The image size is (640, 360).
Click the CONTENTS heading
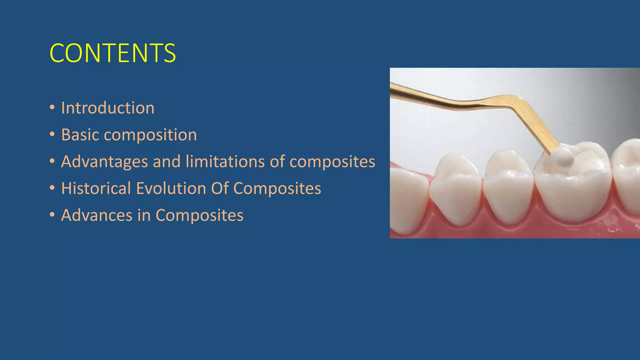coord(112,53)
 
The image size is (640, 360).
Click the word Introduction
coord(107,108)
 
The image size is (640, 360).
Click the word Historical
coord(96,188)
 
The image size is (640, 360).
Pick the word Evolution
coord(171,188)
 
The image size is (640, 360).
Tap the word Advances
coord(97,215)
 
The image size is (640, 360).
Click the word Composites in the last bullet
coord(199,215)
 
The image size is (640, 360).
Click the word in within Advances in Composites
coord(144,215)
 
